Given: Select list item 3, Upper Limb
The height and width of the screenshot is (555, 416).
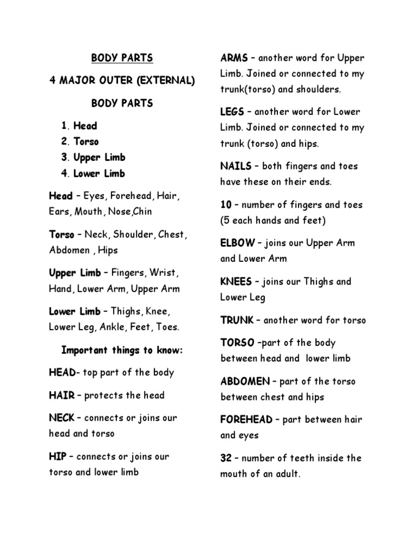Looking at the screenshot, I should point(99,158).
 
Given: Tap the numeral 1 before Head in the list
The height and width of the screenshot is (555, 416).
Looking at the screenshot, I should point(65,126).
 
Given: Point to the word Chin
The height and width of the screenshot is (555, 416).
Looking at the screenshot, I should point(143,212).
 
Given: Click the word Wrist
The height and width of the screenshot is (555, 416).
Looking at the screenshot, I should point(165,273).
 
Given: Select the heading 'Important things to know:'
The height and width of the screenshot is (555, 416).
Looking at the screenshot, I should point(122,350).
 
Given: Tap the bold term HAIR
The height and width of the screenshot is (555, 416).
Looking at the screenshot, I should point(61,396).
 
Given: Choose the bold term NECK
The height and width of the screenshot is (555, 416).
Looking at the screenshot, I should point(62,418).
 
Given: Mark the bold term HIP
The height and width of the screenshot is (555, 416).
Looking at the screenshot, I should point(57,457).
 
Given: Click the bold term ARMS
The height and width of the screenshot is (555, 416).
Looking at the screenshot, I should point(234,58).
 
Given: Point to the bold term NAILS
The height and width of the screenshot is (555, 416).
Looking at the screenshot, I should point(236,166).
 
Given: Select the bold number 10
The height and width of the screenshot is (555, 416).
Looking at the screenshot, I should point(226,205).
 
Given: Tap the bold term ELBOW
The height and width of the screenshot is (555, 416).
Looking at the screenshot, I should point(238,243).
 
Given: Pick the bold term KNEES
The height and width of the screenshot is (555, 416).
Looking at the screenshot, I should point(236,282).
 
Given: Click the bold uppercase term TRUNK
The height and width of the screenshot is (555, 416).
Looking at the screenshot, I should point(237,320).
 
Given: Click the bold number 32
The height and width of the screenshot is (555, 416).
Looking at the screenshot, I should point(226,458).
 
